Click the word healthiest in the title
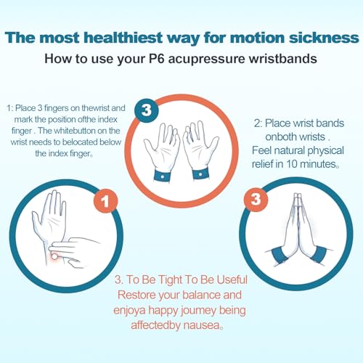pyautogui.click(x=123, y=38)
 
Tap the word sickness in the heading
pyautogui.click(x=324, y=38)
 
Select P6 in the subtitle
pyautogui.click(x=156, y=59)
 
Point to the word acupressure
pyautogui.click(x=206, y=60)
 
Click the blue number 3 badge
pyautogui.click(x=147, y=110)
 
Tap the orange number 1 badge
pyautogui.click(x=105, y=201)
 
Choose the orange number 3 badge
pyautogui.click(x=256, y=200)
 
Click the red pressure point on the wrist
pyautogui.click(x=54, y=256)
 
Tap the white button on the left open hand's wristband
pyautogui.click(x=163, y=176)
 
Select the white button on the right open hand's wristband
pyautogui.click(x=200, y=174)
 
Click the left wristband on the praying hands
pyautogui.click(x=280, y=256)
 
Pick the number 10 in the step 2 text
pyautogui.click(x=292, y=164)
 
